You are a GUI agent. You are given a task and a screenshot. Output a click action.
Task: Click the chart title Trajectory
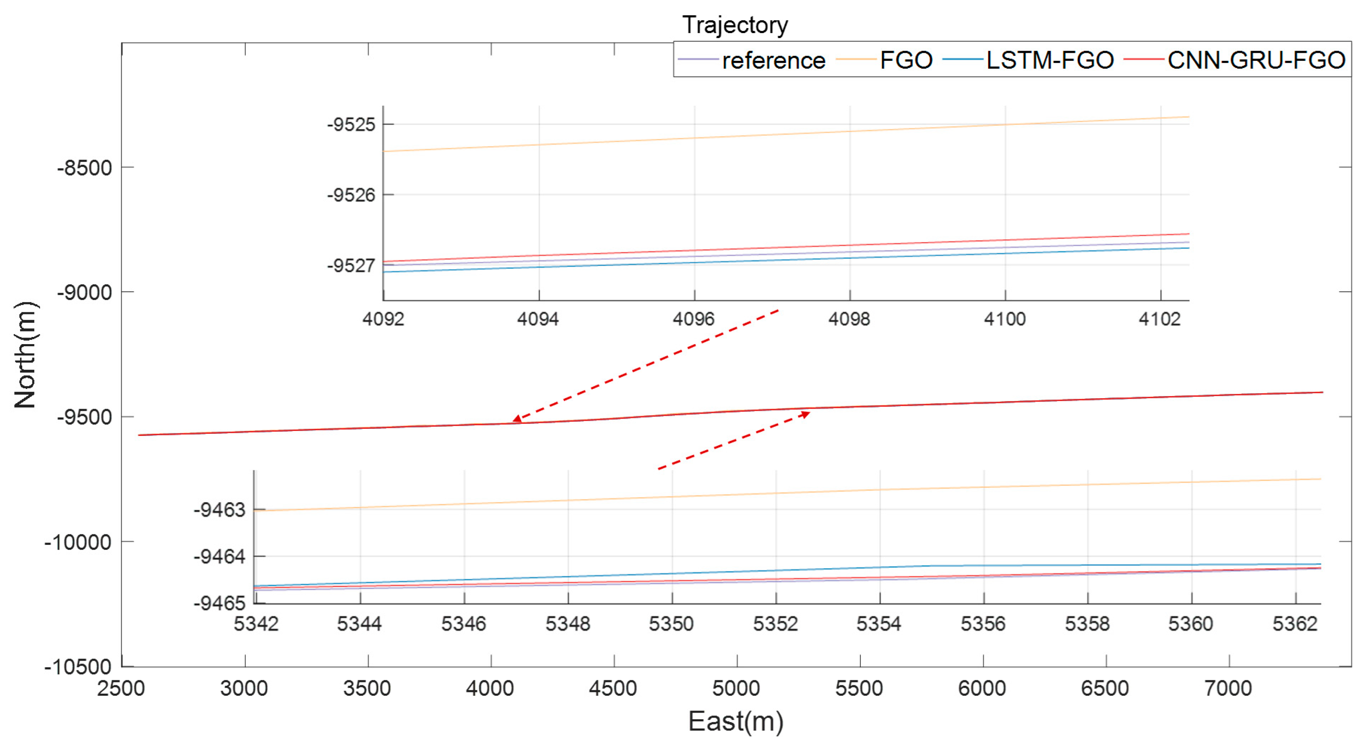735,25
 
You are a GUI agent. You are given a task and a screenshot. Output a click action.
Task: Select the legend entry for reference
773,60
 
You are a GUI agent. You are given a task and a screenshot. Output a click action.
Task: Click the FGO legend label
906,60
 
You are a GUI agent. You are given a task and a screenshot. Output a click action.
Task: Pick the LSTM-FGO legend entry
1050,60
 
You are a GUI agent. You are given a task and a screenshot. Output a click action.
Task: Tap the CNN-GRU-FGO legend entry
1256,60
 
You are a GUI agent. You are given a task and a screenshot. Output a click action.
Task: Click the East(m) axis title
735,721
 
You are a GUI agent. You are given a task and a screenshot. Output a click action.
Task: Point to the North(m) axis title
25,355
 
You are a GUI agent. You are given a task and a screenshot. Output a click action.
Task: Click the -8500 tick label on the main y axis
84,168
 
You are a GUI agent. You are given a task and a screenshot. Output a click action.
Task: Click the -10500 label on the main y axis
78,667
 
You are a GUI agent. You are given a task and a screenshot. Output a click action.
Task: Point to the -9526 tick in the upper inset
351,195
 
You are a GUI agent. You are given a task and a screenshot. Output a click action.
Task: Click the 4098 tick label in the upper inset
849,319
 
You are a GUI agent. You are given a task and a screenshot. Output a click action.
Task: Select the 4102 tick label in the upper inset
1159,319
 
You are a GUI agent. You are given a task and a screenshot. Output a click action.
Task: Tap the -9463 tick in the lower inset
220,510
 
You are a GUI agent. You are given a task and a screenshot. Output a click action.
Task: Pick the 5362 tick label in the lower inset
1295,624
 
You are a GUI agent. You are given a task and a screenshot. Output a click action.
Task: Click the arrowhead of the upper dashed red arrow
517,419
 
